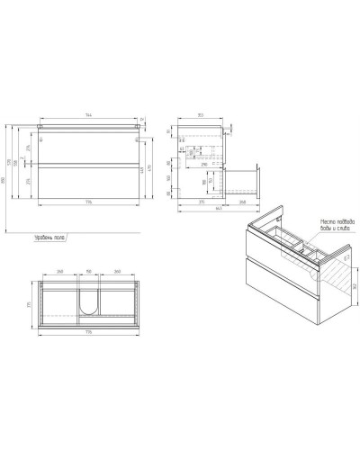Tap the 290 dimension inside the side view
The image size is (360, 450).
pos(205,166)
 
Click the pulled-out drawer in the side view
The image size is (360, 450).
pos(246,180)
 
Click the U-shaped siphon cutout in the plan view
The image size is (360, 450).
pos(88,303)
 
